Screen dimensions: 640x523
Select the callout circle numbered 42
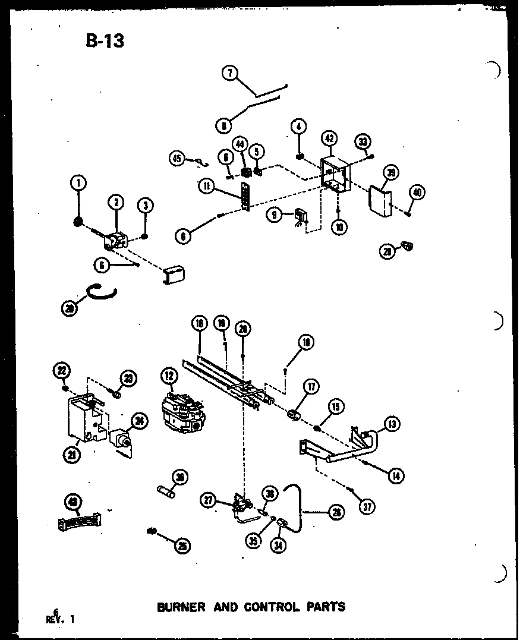(329, 138)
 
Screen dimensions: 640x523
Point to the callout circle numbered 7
(229, 74)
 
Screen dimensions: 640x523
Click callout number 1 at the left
(77, 184)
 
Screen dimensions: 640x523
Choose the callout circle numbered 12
(169, 376)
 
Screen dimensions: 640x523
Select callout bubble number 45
(177, 158)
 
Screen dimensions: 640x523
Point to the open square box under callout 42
(336, 175)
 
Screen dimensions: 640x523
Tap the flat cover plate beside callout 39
(379, 201)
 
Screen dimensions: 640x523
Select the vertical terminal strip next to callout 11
(243, 197)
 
